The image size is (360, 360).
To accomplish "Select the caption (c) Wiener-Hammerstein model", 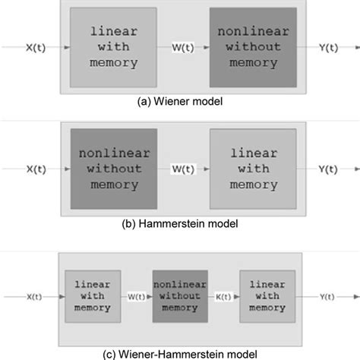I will pyautogui.click(x=181, y=352).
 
